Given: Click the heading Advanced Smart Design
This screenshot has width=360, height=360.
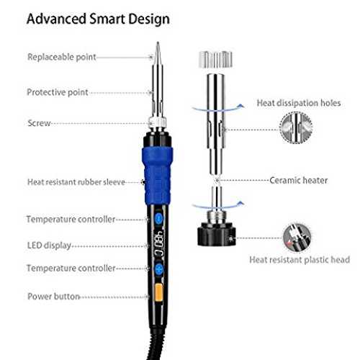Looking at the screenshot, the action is [98, 19].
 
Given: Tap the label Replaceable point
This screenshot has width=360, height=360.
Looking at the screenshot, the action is [62, 57].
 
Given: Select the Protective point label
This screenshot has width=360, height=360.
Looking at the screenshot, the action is [58, 92].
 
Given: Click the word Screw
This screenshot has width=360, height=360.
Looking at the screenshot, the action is [39, 123].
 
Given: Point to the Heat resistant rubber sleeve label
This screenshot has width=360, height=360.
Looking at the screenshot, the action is [76, 182].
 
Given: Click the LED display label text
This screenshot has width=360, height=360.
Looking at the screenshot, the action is [49, 246].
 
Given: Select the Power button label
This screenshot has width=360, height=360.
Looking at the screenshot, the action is [53, 297].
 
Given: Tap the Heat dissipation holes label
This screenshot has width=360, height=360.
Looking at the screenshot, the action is [299, 103].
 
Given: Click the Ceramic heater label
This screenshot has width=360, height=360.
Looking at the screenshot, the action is [298, 180].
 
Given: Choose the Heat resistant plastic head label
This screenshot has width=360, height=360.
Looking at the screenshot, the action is [300, 260].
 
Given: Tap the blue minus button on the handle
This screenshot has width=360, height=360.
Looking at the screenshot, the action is [159, 218].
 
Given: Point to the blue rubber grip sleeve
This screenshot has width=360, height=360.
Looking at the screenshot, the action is [157, 176].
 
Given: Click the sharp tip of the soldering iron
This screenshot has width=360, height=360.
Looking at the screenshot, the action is [158, 42].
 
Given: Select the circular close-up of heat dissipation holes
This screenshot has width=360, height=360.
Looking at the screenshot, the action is [296, 127].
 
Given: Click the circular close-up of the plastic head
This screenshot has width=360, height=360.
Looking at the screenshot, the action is [297, 238].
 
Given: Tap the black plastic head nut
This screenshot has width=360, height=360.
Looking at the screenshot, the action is [217, 234].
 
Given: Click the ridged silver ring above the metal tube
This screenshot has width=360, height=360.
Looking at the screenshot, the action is [216, 59].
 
